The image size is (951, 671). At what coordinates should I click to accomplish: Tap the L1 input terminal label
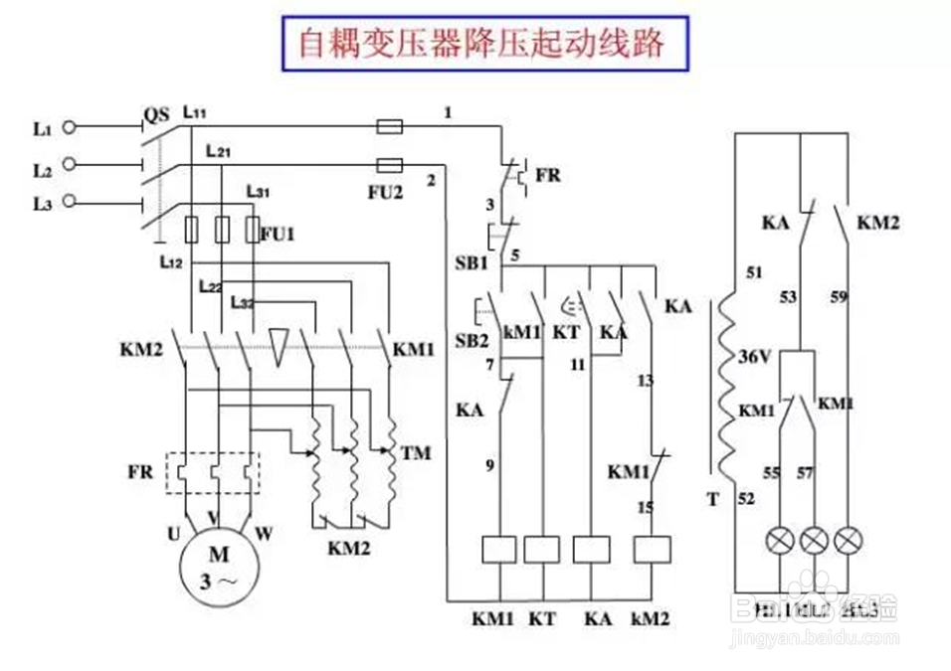click(41, 128)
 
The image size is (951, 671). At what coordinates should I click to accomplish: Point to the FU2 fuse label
click(384, 192)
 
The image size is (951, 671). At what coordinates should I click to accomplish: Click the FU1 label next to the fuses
click(278, 235)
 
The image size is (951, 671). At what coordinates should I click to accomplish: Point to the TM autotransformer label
click(415, 453)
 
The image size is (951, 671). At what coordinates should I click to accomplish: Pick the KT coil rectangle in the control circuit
click(542, 550)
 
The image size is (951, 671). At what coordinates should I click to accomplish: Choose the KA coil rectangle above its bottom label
click(593, 550)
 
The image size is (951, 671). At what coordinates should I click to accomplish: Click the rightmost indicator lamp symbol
click(848, 541)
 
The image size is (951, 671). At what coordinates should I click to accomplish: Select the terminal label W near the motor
click(264, 533)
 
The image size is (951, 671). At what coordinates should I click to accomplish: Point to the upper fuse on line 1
click(390, 126)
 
